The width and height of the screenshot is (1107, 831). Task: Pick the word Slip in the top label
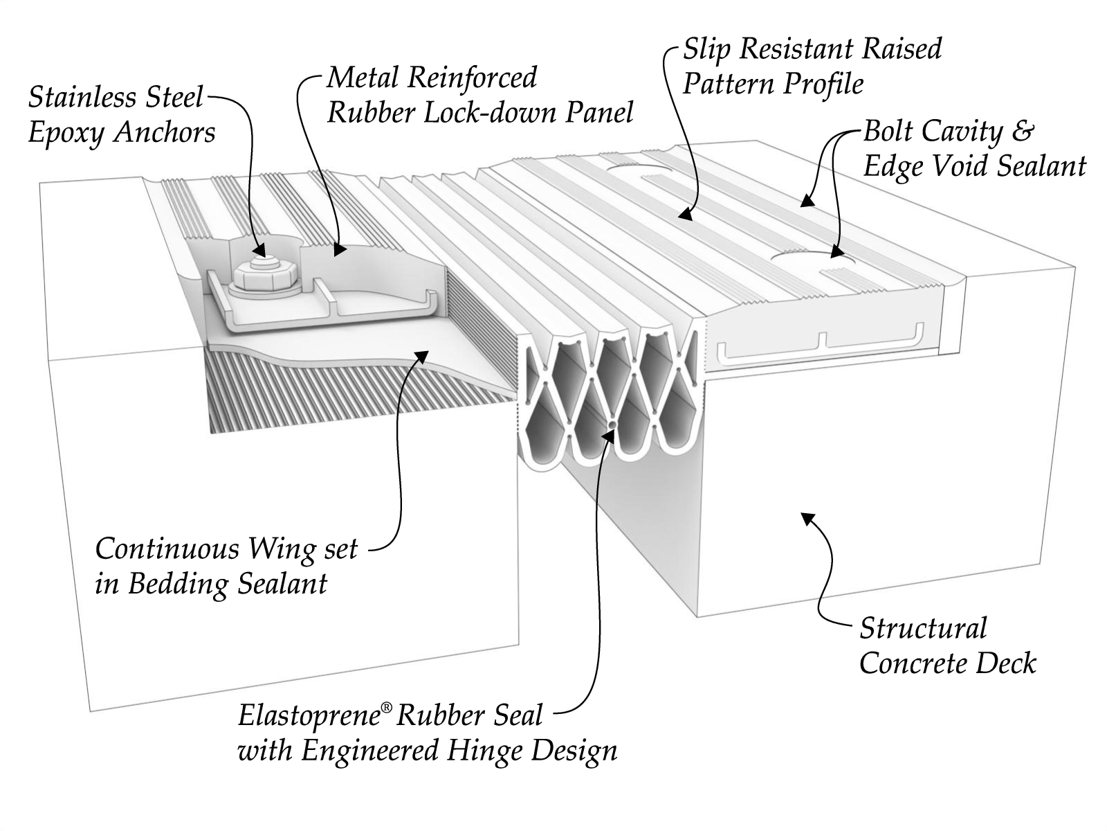(707, 49)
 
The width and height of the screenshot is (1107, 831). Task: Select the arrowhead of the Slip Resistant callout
(685, 215)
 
